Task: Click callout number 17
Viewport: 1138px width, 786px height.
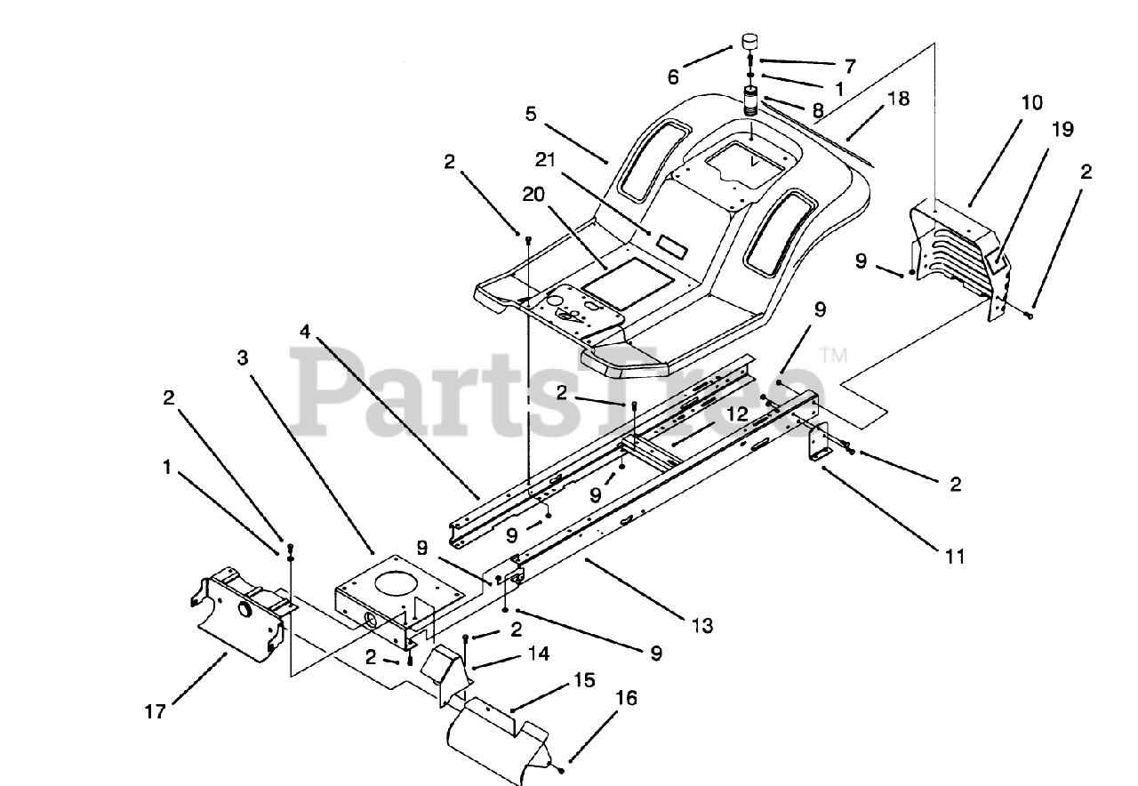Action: coord(156,711)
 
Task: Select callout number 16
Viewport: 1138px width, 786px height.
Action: coord(626,699)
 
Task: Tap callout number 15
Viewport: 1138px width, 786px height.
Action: coord(583,682)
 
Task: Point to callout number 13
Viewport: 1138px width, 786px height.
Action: coord(701,626)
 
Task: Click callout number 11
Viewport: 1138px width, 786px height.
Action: coord(955,557)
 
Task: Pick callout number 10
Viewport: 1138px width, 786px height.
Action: coord(1031,102)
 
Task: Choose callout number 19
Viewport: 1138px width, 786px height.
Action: coord(1063,130)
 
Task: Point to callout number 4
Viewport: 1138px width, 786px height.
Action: coord(305,333)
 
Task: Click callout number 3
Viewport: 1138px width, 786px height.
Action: coord(243,357)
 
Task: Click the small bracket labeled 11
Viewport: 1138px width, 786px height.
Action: coord(819,441)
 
